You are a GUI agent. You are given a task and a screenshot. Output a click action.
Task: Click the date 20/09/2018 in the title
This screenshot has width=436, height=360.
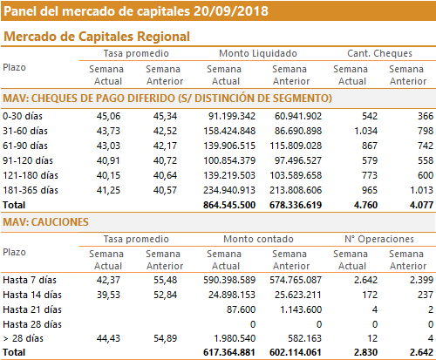click(x=231, y=11)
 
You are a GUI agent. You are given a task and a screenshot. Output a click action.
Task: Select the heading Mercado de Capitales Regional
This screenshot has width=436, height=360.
click(x=97, y=37)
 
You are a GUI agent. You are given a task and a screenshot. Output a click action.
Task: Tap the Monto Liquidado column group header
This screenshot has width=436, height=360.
click(x=258, y=53)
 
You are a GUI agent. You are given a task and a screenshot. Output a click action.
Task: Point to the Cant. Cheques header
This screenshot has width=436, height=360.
click(x=379, y=53)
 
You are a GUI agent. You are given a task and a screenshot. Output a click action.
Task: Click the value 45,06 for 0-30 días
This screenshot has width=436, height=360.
click(x=108, y=116)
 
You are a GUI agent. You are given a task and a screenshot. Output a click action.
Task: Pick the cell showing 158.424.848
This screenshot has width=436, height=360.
click(x=229, y=131)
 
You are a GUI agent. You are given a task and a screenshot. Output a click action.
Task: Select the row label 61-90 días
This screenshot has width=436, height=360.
click(x=25, y=146)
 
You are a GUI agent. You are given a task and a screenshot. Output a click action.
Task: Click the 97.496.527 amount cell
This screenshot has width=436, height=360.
click(x=298, y=160)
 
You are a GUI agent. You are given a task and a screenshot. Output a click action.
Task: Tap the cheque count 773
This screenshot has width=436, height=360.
click(x=370, y=175)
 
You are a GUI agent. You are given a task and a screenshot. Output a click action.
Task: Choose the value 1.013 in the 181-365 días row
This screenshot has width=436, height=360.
click(x=421, y=190)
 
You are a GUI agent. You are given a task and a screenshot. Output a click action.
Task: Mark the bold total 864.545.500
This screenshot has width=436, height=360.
click(x=229, y=205)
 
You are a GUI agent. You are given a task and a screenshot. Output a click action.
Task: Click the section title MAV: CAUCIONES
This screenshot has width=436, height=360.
click(x=45, y=222)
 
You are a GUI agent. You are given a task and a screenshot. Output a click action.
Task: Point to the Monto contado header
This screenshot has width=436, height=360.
click(x=258, y=239)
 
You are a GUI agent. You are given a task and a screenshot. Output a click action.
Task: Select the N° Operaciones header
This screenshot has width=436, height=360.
click(x=379, y=239)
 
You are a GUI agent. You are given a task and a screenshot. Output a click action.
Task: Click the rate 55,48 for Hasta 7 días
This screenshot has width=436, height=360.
click(x=165, y=280)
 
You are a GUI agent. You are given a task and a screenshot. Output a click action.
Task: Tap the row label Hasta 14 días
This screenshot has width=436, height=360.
click(x=32, y=295)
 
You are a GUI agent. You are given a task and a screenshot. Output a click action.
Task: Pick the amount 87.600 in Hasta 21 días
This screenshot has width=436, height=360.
click(x=241, y=309)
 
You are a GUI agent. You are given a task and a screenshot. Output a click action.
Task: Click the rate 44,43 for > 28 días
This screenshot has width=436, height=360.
click(x=108, y=338)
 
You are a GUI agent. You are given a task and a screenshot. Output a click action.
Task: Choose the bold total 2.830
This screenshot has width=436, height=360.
click(x=365, y=352)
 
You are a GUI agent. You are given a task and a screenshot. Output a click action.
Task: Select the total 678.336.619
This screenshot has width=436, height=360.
click(x=296, y=205)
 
